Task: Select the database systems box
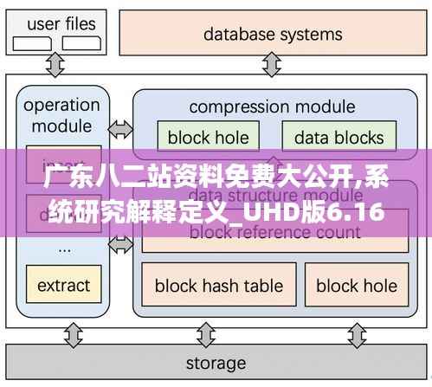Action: [273, 35]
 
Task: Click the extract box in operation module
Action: [63, 285]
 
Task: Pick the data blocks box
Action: [339, 137]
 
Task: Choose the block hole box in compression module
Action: [208, 137]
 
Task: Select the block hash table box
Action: [218, 285]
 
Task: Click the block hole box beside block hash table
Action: [356, 285]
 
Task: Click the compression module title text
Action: [271, 107]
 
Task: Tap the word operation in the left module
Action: [61, 106]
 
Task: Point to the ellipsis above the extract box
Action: [63, 247]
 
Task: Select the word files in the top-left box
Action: [81, 24]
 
